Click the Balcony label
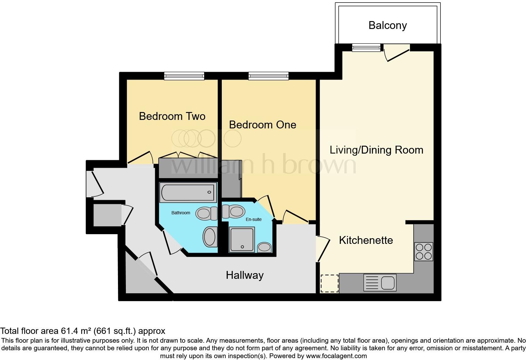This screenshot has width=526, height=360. coord(388,25)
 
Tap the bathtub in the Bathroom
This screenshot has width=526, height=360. coord(188,192)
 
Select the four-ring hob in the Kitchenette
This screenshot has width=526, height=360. coord(423,251)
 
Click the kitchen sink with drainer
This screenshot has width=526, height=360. coord(380,282)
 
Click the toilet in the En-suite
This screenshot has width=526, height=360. coord(233,211)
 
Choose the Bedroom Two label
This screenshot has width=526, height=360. coord(172,116)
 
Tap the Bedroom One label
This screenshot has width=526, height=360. coord(262,125)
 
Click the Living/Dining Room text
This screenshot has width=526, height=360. coord(376,150)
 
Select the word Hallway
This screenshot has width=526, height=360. coord(244,275)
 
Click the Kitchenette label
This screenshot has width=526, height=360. coord(366,240)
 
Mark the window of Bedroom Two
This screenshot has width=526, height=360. coord(184,76)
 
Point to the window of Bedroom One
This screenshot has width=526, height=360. coord(268,76)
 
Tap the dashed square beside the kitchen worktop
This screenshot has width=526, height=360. coord(329,284)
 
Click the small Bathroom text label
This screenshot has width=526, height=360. coord(181,213)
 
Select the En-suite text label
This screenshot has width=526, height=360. coord(254,219)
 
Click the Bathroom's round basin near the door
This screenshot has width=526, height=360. coord(210,237)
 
